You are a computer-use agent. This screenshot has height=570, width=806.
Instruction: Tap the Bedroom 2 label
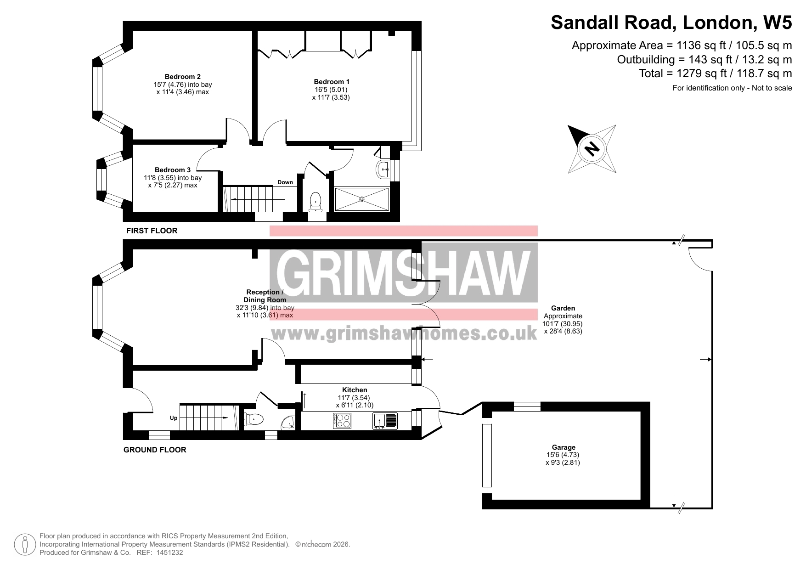pos(183,77)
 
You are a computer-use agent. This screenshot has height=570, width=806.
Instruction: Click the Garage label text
pos(564,447)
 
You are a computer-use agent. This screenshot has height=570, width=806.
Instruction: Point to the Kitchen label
pos(355,390)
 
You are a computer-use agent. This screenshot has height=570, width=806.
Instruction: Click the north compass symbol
pos(592,148)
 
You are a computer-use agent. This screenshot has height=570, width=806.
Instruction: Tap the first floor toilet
pos(316,201)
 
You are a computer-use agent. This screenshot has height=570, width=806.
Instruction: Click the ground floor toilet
pos(254,419)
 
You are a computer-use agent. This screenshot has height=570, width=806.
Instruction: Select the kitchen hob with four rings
pos(343,421)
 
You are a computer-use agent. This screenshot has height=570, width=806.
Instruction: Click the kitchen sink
pos(385,421)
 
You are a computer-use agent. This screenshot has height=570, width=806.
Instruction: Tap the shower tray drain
pos(362,199)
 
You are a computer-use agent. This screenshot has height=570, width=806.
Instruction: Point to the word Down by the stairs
pos(285,182)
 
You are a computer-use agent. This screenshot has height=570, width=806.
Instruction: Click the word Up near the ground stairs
pos(174,418)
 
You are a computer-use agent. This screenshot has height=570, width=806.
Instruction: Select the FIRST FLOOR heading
pos(152,231)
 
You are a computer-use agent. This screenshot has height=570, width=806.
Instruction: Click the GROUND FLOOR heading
pos(155,450)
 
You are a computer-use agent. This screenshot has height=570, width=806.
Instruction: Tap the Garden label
pos(563,308)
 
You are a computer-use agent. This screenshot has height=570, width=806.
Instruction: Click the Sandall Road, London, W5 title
pos(671,22)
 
